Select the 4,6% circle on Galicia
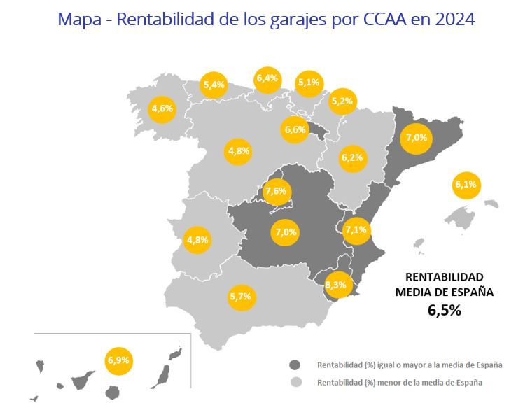tap(162, 108)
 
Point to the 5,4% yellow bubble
tap(214, 85)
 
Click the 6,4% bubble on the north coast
tap(267, 78)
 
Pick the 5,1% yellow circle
tap(308, 83)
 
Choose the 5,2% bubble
tap(343, 101)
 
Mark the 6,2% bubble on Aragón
tap(351, 158)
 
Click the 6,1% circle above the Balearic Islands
tap(466, 185)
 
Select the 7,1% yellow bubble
tap(356, 230)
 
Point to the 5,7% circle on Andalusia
tap(240, 297)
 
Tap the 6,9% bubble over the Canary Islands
tap(118, 361)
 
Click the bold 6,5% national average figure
tap(444, 311)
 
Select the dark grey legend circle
tap(295, 365)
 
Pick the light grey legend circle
tap(295, 383)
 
